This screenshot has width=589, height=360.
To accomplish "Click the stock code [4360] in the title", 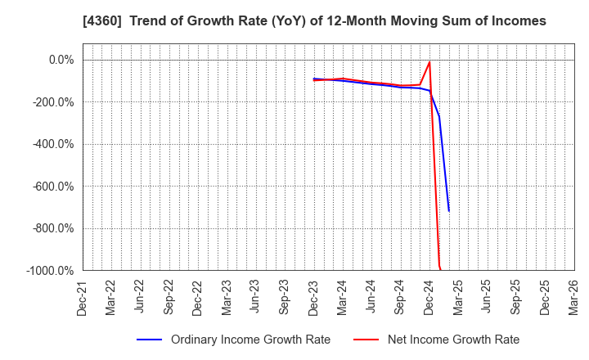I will [103, 20].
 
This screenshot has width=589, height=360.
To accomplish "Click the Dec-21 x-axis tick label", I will [83, 296].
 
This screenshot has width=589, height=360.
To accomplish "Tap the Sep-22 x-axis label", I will [169, 296].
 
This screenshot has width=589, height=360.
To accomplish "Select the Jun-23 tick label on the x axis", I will [256, 296].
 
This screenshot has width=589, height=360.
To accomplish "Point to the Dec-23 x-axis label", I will [314, 296].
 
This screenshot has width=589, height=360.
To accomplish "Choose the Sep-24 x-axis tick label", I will [401, 296].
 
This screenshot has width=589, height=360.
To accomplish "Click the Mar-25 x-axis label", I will [458, 296].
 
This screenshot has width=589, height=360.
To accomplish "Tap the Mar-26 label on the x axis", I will [574, 296].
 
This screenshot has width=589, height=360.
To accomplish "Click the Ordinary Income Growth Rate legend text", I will [250, 340].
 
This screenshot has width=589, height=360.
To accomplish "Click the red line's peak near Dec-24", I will [429, 62].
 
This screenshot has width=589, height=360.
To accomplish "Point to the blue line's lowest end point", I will [448, 211].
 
